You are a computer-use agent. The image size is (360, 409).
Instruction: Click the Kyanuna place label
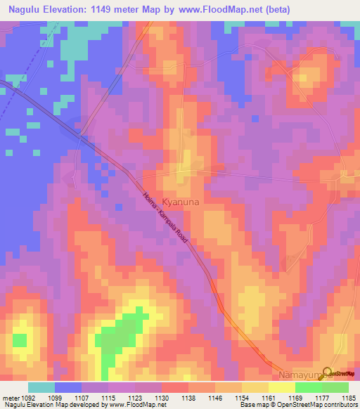182,201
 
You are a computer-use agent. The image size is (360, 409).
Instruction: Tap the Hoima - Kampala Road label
167,218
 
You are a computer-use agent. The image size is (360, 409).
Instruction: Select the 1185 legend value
349,397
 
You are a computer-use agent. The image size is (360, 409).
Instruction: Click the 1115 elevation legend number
108,397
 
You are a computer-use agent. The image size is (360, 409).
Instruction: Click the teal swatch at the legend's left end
41,387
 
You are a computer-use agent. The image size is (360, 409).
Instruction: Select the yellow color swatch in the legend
281,387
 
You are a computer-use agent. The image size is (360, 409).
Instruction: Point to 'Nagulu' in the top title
24,10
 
